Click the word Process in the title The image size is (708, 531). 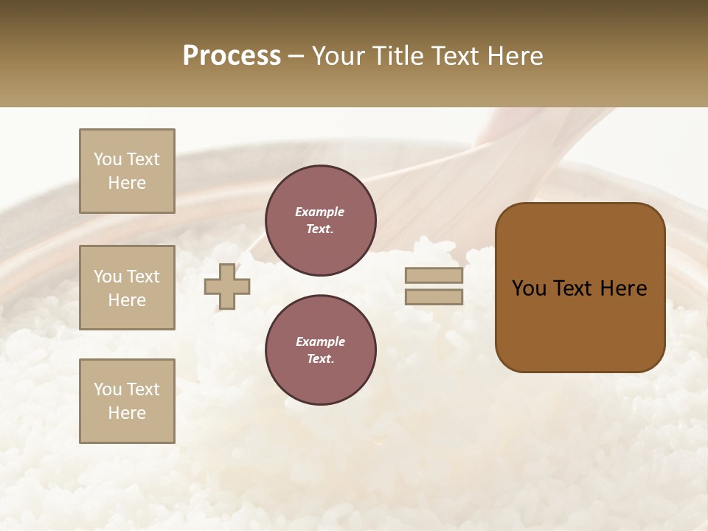click(x=232, y=56)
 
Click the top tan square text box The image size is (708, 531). click(x=127, y=171)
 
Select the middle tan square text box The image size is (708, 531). click(x=127, y=288)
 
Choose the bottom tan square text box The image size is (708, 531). click(x=127, y=401)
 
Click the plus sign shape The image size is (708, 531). click(x=227, y=286)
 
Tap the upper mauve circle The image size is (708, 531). click(x=320, y=221)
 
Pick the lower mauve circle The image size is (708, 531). click(x=320, y=350)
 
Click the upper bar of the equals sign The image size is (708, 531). click(x=434, y=275)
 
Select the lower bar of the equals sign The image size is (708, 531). click(x=434, y=296)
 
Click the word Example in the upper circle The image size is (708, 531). click(x=320, y=212)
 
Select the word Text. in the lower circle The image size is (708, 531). click(x=320, y=358)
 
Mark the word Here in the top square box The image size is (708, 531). click(x=127, y=183)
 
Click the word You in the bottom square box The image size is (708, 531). click(x=108, y=389)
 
